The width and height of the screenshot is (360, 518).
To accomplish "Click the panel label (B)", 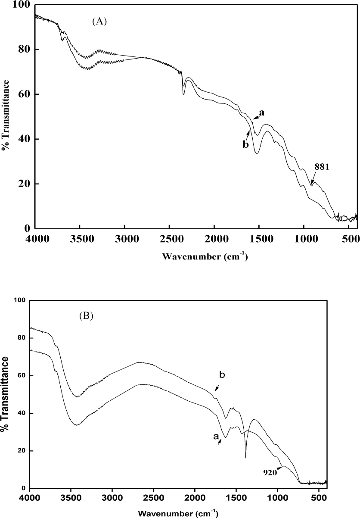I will click(x=86, y=315).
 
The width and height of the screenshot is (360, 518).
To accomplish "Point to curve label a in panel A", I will click(x=261, y=113).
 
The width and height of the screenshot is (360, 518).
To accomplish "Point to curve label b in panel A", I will click(x=245, y=144).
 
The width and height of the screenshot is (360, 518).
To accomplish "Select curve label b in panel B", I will click(x=222, y=375).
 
